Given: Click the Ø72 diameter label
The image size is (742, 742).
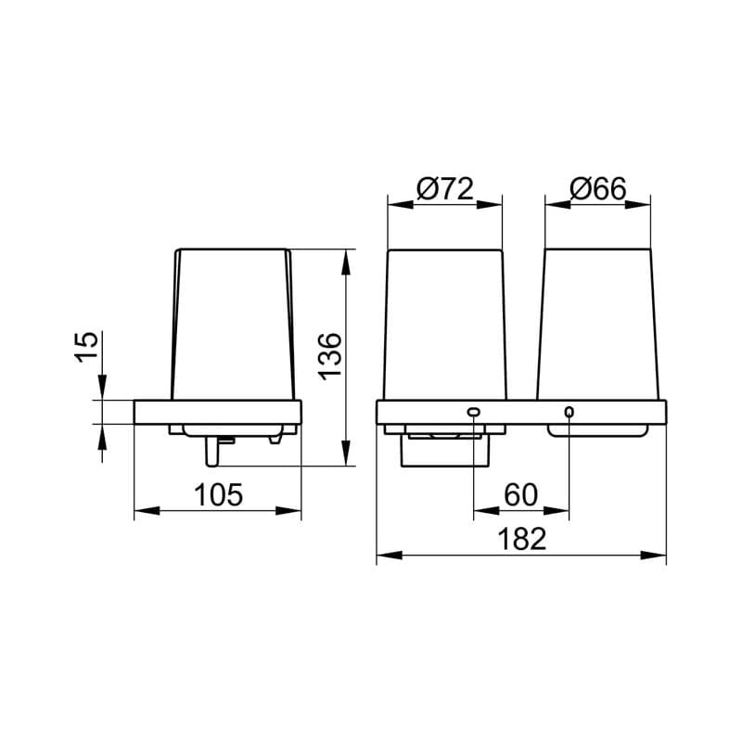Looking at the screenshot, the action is click(445, 189).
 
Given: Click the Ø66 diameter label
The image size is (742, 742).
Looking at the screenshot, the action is click(598, 189).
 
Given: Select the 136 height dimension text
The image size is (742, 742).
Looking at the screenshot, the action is click(330, 356).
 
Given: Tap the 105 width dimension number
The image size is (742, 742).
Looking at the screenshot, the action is click(219, 494).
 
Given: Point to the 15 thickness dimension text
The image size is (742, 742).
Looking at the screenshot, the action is click(86, 347).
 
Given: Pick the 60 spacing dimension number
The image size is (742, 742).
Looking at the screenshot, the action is click(520, 494).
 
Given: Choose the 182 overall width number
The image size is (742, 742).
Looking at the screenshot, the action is click(522, 539).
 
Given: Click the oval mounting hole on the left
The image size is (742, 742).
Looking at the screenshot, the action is click(474, 412).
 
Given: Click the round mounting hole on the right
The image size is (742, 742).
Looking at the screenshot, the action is click(569, 412).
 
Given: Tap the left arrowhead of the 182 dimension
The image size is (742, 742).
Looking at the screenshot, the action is click(389, 555).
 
